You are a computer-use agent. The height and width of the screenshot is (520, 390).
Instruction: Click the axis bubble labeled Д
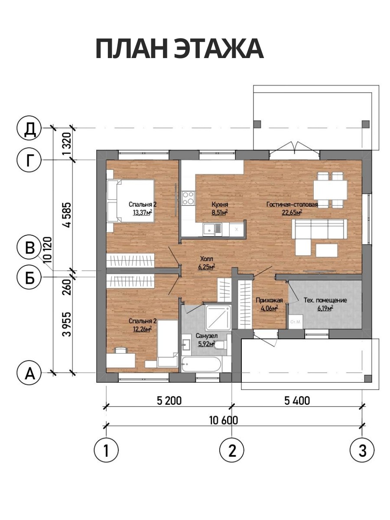(x=29, y=128)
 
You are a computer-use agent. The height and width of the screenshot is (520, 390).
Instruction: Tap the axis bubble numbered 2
(x=232, y=449)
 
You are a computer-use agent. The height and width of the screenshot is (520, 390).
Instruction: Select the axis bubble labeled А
(x=29, y=373)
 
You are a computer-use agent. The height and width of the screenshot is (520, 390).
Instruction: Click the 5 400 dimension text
(x=297, y=400)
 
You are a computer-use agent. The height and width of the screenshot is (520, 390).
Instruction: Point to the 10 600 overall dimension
(x=224, y=420)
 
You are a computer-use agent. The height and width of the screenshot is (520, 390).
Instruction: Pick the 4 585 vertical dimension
(x=67, y=215)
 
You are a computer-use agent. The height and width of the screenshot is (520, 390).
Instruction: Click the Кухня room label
(x=220, y=205)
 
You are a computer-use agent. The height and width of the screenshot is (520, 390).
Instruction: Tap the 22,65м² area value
(x=292, y=212)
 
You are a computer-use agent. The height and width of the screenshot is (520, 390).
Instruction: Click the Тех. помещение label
(x=325, y=300)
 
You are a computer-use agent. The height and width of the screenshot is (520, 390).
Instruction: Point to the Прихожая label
(x=269, y=300)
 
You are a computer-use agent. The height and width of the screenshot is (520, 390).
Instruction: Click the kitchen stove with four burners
(x=188, y=198)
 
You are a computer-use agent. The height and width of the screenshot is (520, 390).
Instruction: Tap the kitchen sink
(x=212, y=230)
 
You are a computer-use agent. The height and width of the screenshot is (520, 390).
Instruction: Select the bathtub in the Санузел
(x=201, y=364)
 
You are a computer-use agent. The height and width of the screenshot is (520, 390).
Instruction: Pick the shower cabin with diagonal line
(x=218, y=318)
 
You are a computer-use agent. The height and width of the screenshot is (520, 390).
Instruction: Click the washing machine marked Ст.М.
(x=296, y=322)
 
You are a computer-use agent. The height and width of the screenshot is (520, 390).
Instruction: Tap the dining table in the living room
(x=330, y=190)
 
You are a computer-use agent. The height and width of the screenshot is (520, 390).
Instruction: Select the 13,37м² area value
(x=142, y=212)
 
